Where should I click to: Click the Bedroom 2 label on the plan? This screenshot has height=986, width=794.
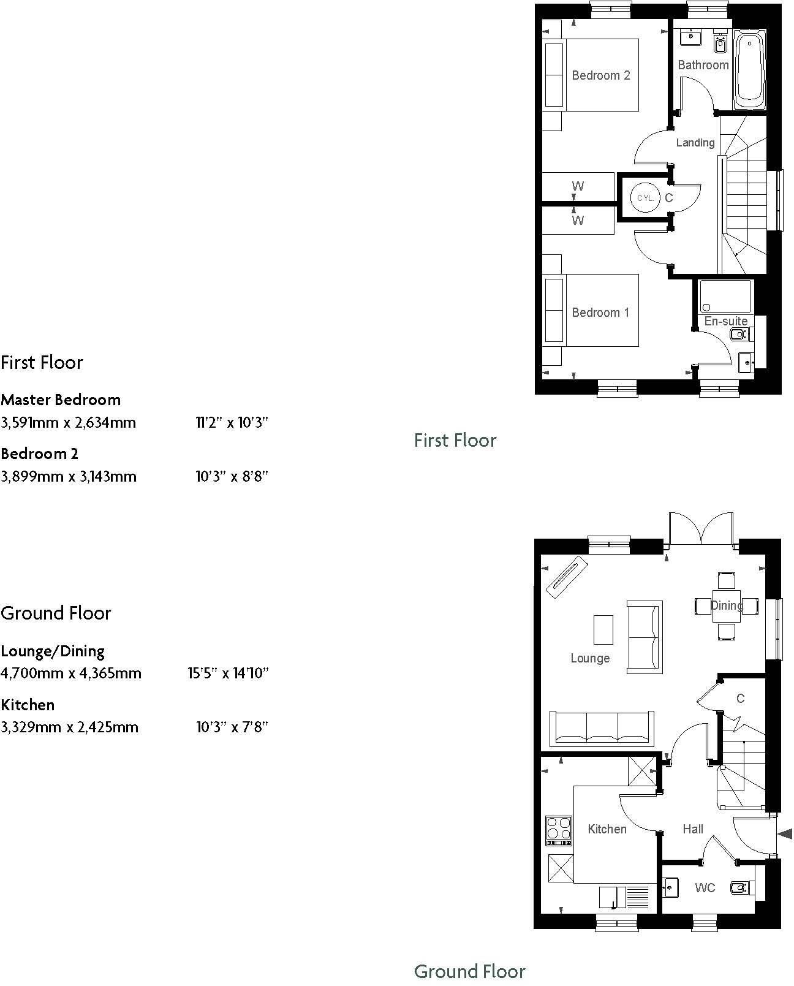click(x=600, y=75)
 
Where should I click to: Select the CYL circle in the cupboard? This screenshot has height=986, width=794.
click(x=645, y=198)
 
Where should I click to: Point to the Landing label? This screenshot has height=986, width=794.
click(x=695, y=143)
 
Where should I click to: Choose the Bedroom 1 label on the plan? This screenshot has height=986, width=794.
click(x=600, y=313)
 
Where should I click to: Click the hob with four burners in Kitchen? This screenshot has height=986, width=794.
click(x=559, y=830)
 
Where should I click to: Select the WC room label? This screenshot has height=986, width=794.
click(x=705, y=888)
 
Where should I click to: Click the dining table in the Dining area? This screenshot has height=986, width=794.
click(x=727, y=605)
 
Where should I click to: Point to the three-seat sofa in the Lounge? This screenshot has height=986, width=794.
click(x=602, y=728)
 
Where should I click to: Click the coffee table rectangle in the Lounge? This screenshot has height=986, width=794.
click(x=603, y=630)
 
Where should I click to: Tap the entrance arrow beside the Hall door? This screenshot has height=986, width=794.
click(x=785, y=833)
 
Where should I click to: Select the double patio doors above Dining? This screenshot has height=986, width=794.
click(x=701, y=529)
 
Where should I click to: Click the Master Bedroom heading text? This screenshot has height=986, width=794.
click(x=61, y=400)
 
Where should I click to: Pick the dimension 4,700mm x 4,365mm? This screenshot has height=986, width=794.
click(x=71, y=673)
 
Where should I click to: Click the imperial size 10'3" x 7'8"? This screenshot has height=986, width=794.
click(x=232, y=727)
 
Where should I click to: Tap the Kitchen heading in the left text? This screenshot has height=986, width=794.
click(x=28, y=705)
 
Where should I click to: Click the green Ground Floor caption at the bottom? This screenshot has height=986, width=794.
click(x=469, y=971)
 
